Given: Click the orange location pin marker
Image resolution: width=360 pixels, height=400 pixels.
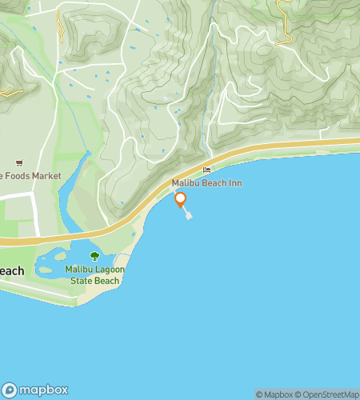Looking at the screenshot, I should [x=181, y=200].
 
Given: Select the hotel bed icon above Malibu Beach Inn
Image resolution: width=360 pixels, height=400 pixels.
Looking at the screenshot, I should [x=207, y=170].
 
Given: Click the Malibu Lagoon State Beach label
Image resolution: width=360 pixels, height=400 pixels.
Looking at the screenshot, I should [x=94, y=275].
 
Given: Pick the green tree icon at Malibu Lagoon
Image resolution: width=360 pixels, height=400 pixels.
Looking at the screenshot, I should [x=94, y=256].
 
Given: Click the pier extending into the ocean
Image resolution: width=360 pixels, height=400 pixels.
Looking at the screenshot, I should [x=187, y=214].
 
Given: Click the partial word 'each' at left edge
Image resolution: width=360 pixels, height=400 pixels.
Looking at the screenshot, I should [x=11, y=271].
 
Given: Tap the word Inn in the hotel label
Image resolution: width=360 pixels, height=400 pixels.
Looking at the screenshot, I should [x=236, y=183].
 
